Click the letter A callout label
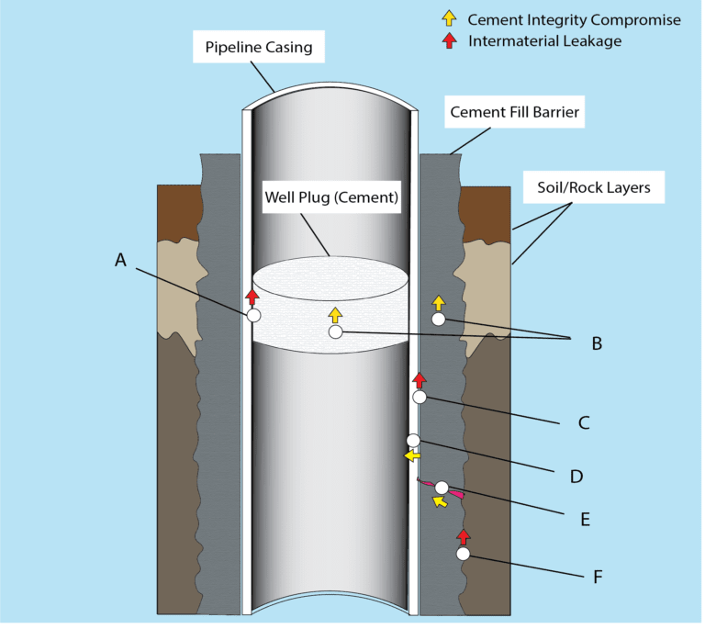point(120,261)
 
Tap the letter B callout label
point(596,343)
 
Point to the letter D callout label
point(576,477)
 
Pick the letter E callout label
point(584,519)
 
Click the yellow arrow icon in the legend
point(449,17)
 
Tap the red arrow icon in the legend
point(449,40)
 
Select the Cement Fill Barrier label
point(514,113)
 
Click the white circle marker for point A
point(253,315)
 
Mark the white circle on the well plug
point(335,331)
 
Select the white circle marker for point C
point(420,397)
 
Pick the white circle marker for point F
point(463,554)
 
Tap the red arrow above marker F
point(463,535)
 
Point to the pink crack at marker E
point(453,492)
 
